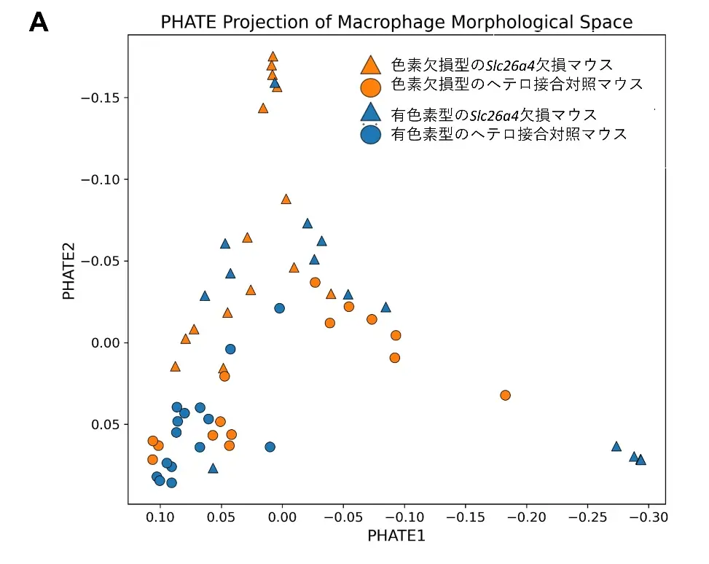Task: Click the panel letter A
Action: click(39, 23)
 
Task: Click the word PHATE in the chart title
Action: click(189, 23)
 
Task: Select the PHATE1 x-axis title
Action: click(396, 536)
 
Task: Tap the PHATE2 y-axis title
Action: click(69, 261)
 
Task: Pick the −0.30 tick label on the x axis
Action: click(647, 517)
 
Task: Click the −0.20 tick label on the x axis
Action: click(525, 517)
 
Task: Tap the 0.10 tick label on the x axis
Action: click(160, 517)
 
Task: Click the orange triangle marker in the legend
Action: click(370, 65)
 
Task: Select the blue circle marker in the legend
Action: click(371, 135)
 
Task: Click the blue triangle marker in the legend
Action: click(370, 112)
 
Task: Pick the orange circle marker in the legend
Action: click(370, 87)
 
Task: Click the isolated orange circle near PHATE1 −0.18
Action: click(505, 395)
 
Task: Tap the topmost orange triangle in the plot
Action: click(273, 56)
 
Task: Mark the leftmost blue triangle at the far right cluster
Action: click(616, 446)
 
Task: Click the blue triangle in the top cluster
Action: click(275, 82)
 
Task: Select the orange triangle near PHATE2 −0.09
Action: click(286, 199)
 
